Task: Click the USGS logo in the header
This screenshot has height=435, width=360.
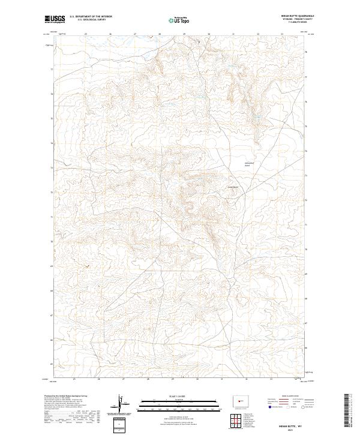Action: coord(55,19)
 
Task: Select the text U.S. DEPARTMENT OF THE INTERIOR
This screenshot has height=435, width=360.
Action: coord(91,16)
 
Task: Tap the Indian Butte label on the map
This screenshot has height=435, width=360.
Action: coord(232,187)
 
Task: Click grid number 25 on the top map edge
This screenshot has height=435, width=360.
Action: coord(86,34)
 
